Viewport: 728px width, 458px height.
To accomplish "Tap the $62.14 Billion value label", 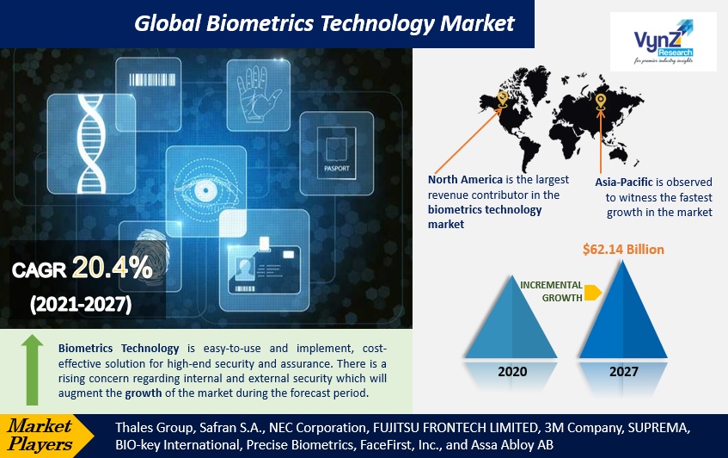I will tap(623, 250).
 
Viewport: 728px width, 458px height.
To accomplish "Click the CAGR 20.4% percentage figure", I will tap(112, 269).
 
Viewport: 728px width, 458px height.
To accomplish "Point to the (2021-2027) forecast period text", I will tap(82, 304).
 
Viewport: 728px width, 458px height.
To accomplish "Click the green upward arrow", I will tap(31, 370).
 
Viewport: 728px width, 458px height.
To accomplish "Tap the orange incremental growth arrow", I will tap(592, 292).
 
